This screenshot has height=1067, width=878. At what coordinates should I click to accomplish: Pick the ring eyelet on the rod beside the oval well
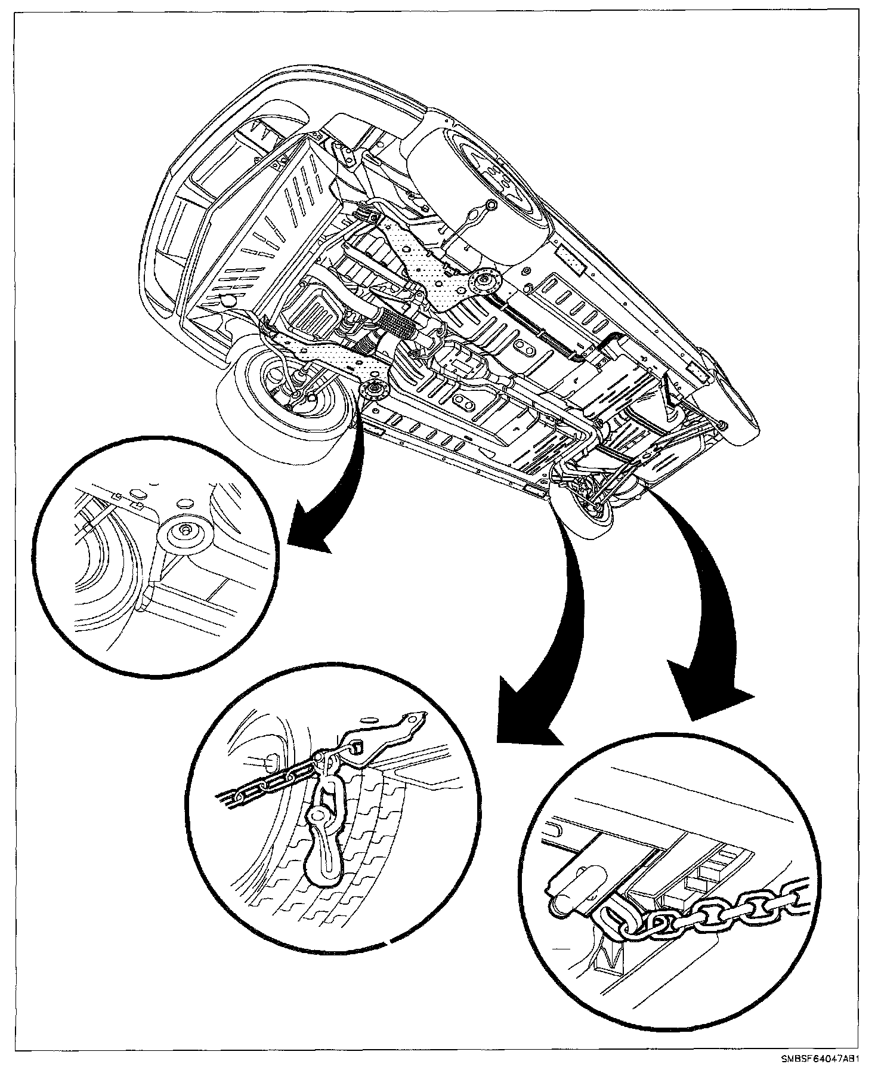pyautogui.click(x=490, y=206)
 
